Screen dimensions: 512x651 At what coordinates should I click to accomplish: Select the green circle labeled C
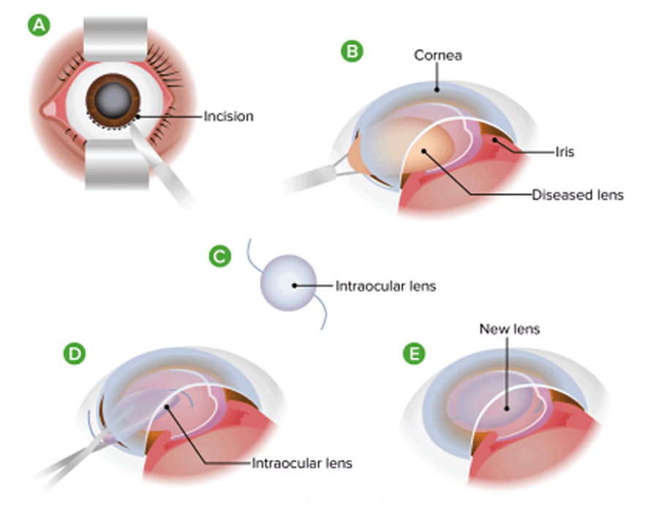pos(220,256)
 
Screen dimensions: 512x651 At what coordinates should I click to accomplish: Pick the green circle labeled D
pos(75,355)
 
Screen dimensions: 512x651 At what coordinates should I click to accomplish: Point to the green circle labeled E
pos(414,355)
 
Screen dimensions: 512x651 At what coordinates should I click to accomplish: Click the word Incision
pos(228,116)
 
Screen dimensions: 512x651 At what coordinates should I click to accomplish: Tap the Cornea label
pos(437,55)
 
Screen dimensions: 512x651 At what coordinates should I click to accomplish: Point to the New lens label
pos(509,329)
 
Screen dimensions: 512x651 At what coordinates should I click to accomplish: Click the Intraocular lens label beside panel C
pos(385,285)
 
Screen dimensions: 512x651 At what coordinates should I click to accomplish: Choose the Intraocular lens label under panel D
pos(302,463)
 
